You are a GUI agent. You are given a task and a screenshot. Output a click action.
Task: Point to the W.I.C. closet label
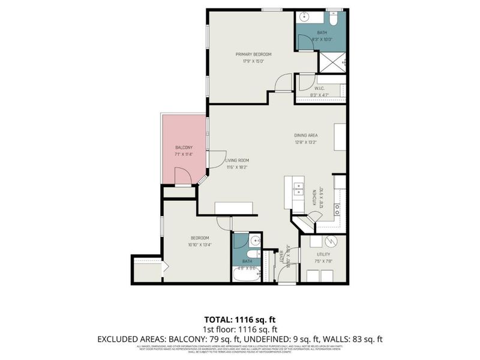[320, 88]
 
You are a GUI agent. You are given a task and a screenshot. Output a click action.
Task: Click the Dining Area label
[305, 135]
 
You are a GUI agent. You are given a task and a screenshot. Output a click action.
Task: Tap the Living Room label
[237, 160]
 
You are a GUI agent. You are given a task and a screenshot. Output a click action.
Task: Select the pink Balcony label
[184, 148]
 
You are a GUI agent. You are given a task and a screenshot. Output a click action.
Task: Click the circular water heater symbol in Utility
[331, 241]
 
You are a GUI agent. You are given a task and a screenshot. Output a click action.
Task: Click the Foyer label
[282, 256]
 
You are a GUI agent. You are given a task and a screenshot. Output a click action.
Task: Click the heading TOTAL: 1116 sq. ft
[240, 319]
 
